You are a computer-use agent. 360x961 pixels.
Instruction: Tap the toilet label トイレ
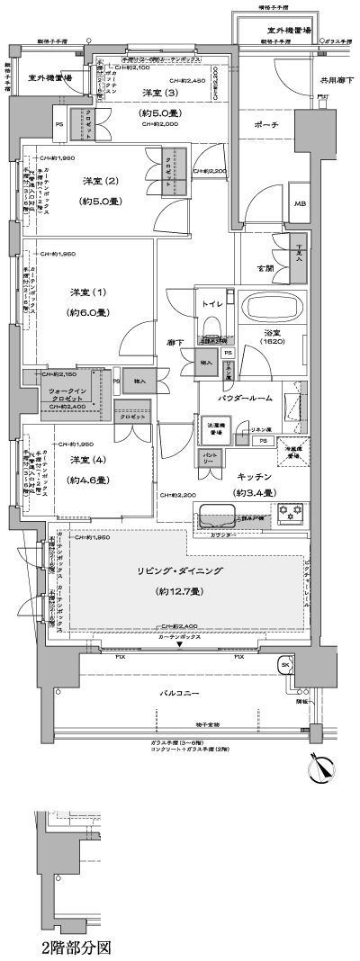pos(212,304)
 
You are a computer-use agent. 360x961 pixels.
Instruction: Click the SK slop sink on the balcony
pos(285,665)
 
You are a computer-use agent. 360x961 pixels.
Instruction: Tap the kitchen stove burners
pos(292,515)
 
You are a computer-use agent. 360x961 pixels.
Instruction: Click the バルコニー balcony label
pos(179,693)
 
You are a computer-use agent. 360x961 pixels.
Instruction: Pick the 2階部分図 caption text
pos(76,948)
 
